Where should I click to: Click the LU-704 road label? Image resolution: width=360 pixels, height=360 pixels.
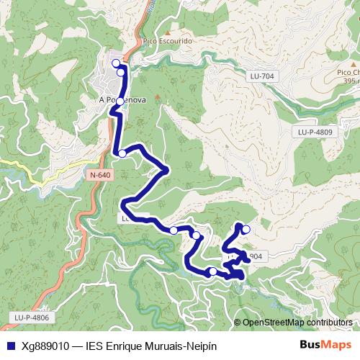264,76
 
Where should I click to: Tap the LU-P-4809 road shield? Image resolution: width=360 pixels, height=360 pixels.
315,132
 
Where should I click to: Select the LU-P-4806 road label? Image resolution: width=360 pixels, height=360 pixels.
31,317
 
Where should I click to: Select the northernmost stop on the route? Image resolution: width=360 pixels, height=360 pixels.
116,63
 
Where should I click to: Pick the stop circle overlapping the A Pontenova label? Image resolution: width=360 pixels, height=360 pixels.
120,102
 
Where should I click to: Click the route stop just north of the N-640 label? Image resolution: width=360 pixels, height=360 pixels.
122,153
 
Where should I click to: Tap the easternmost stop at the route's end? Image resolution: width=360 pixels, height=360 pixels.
246,230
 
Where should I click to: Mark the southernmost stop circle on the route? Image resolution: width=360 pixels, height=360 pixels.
212,271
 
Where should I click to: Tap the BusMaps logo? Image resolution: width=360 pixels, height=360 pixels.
325,346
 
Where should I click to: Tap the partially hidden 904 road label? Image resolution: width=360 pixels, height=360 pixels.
255,256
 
